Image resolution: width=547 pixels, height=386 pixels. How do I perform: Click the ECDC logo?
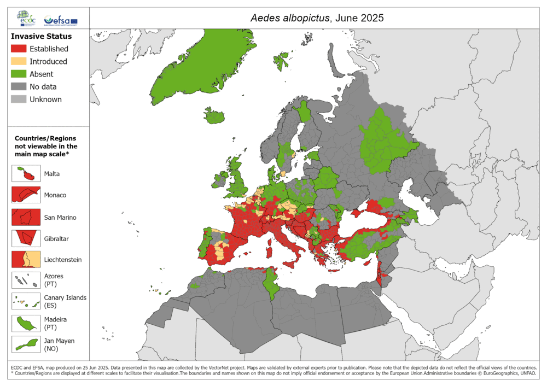26,18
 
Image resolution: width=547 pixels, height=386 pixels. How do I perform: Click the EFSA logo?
61,20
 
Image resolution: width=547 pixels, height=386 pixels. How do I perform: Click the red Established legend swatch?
19,49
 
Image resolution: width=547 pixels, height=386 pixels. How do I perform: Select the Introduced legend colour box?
19,62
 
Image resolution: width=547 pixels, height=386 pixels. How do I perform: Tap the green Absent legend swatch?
19,74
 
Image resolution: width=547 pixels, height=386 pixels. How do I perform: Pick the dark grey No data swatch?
19,87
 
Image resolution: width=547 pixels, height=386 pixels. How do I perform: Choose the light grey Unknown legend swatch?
19,100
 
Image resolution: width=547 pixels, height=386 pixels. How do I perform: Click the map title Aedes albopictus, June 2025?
317,17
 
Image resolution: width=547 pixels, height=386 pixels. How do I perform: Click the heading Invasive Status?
41,37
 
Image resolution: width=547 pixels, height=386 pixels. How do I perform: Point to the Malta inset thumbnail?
26,174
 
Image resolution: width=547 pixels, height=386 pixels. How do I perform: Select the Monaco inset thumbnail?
26,195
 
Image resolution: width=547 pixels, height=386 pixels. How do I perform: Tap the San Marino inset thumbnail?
26,217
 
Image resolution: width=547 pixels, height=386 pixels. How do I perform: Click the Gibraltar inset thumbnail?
26,238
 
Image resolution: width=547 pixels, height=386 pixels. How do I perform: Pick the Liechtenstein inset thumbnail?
26,259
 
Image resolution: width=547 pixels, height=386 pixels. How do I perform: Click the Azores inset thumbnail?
26,280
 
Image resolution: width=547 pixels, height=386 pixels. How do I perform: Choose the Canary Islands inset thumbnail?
26,301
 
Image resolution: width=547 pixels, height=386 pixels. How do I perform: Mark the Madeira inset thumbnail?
26,323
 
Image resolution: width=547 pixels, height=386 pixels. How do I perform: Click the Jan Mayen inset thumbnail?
26,344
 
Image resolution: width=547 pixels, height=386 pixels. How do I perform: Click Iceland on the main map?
215,116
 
